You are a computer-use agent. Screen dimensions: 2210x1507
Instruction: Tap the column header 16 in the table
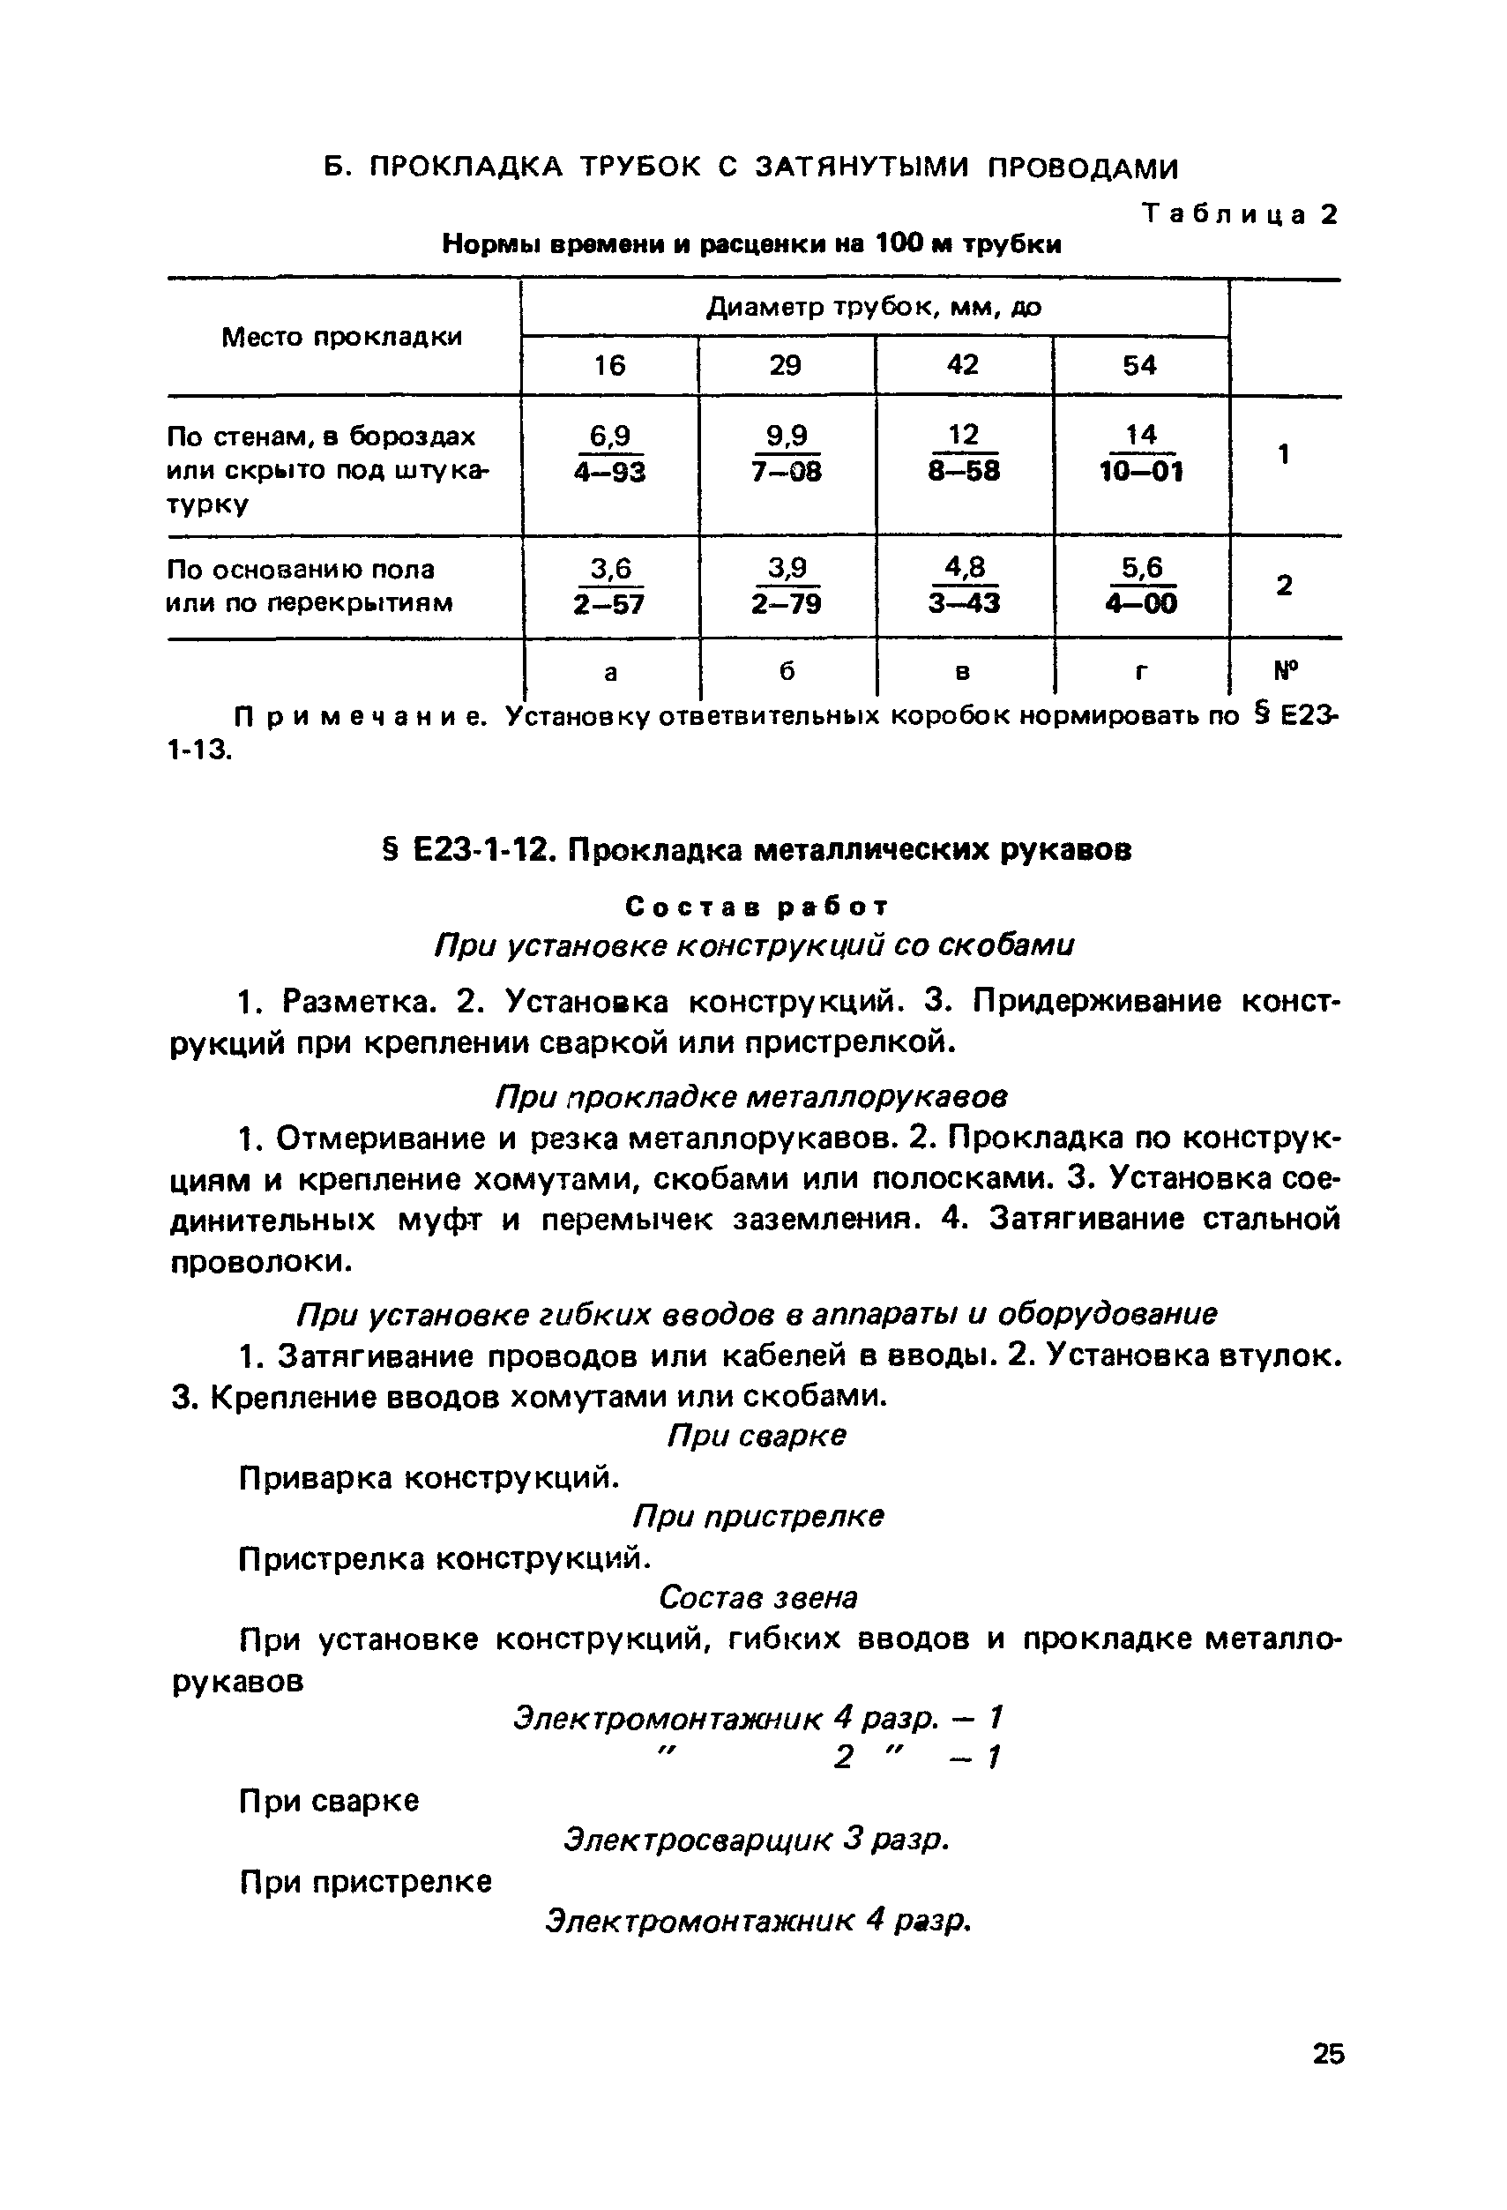pos(609,365)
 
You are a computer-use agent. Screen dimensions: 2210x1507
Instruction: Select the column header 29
pos(786,365)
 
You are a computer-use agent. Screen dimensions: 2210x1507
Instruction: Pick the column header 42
pos(962,365)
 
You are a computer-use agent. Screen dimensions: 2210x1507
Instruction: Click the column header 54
pos(1139,365)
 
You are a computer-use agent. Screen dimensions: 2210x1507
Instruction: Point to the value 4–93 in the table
pos(609,472)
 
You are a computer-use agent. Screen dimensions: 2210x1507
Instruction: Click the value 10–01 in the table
pos(1141,472)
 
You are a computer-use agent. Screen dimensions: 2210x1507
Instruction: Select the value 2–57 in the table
pos(609,603)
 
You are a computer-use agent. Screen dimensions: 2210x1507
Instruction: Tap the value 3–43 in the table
pos(964,603)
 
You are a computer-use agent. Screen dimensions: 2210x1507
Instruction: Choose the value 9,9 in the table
pos(787,436)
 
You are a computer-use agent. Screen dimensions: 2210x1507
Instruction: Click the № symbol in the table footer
pos(1286,670)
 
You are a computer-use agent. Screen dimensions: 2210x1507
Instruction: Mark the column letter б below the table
pos(787,671)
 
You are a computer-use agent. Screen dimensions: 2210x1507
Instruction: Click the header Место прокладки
pos(342,337)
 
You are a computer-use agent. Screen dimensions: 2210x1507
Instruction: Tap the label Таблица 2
pos(1240,214)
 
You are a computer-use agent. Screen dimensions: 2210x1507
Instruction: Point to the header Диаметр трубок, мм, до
pos(874,307)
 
